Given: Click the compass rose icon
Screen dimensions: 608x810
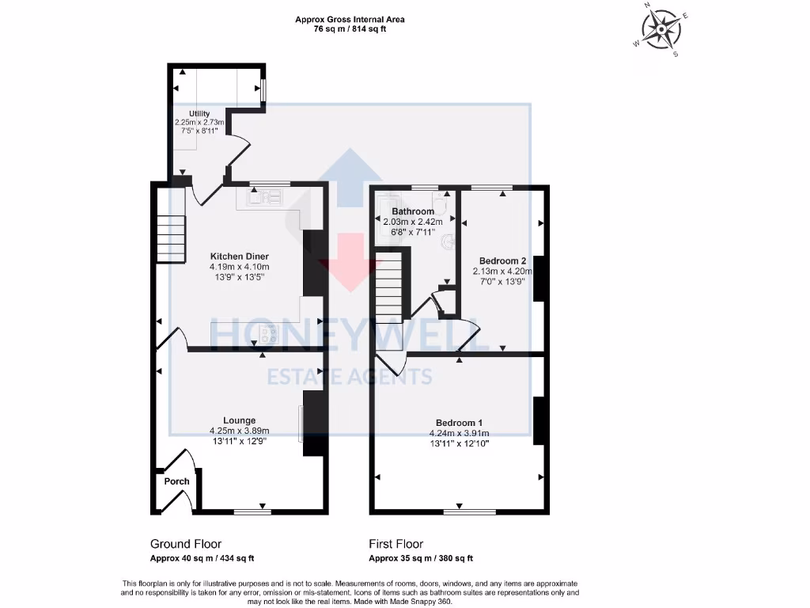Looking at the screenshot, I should click(660, 31).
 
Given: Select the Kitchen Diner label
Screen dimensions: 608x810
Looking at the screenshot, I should click(239, 256).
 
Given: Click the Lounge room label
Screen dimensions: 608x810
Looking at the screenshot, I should click(239, 420).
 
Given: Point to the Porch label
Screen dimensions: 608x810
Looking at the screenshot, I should click(176, 481).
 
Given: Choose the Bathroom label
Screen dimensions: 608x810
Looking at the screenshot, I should click(413, 212).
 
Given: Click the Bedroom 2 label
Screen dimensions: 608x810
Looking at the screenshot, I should click(502, 260).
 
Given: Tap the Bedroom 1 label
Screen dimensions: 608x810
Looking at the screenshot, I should click(459, 422).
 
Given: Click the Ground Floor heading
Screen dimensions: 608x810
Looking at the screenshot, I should click(186, 544).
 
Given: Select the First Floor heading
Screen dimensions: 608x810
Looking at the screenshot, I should click(396, 544).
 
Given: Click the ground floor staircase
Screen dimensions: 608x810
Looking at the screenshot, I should click(170, 239).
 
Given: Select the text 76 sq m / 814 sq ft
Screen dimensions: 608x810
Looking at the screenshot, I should click(350, 29).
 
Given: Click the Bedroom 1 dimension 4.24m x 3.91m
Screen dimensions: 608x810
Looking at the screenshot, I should click(459, 433).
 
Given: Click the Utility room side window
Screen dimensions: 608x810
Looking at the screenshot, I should click(264, 90).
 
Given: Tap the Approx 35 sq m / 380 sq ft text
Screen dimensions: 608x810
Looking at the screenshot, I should click(421, 558).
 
